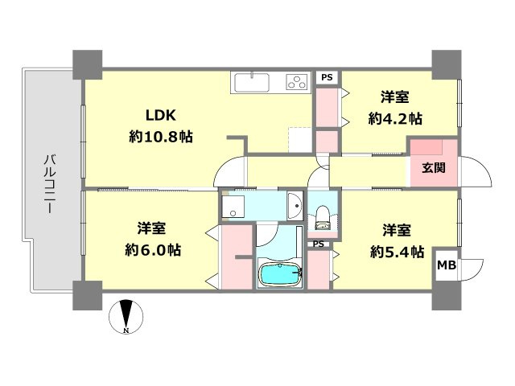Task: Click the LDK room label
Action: (x=161, y=115)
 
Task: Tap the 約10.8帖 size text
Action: (x=161, y=137)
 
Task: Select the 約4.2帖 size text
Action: (x=395, y=119)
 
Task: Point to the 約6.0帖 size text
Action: (x=153, y=250)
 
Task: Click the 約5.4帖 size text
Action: (x=397, y=252)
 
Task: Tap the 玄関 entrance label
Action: (x=434, y=168)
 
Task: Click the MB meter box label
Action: (x=447, y=265)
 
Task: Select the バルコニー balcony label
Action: (x=49, y=185)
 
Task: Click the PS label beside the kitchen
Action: (x=327, y=77)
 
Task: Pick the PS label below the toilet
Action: (x=319, y=244)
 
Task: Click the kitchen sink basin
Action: (x=252, y=82)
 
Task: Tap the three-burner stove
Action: (x=298, y=82)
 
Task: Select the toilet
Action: (x=322, y=217)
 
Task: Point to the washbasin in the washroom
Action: (x=295, y=206)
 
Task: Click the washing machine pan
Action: (x=233, y=207)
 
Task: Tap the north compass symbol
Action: (x=126, y=316)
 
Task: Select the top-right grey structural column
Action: (x=447, y=64)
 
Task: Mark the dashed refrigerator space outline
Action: (x=300, y=140)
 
